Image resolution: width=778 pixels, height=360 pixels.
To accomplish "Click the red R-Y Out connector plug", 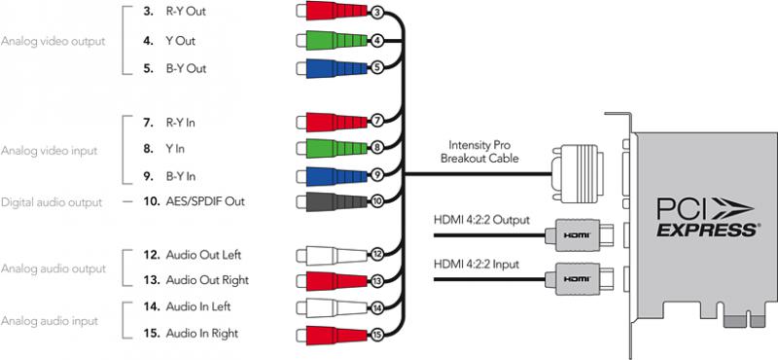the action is point(333,11).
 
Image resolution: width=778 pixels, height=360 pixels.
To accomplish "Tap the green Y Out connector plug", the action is point(333,40).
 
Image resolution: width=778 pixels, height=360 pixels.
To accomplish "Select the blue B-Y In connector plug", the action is point(333,176).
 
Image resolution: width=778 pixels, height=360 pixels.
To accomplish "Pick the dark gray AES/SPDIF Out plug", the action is point(333,201).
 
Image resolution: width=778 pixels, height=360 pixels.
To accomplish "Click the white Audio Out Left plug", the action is point(333,255).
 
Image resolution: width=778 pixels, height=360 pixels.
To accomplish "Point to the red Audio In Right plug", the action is point(333,333).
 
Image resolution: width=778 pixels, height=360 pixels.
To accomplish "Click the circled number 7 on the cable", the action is point(375,122).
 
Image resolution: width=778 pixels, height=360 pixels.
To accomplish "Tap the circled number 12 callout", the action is point(376,255).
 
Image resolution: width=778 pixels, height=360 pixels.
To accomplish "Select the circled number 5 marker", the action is point(376,68).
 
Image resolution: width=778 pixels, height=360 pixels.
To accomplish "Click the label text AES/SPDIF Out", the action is point(205,202).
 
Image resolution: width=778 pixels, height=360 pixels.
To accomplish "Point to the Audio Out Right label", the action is point(207,280).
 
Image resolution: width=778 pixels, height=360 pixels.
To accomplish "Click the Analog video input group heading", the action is point(49,151).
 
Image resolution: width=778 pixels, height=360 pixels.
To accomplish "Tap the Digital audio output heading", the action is point(52,202).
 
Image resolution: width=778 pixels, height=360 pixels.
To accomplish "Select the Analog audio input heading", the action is point(49,321).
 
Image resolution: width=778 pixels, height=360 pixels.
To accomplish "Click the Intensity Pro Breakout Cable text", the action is point(479,152).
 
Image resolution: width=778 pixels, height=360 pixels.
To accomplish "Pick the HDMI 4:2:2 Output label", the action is point(481,220).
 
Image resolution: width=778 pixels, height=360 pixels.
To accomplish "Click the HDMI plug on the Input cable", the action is point(579,277).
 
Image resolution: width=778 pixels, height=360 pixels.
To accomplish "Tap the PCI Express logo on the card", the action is point(707,217).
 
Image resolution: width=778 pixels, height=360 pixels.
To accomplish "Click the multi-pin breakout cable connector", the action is point(577,174).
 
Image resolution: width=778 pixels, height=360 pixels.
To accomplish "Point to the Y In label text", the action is point(175,149).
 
